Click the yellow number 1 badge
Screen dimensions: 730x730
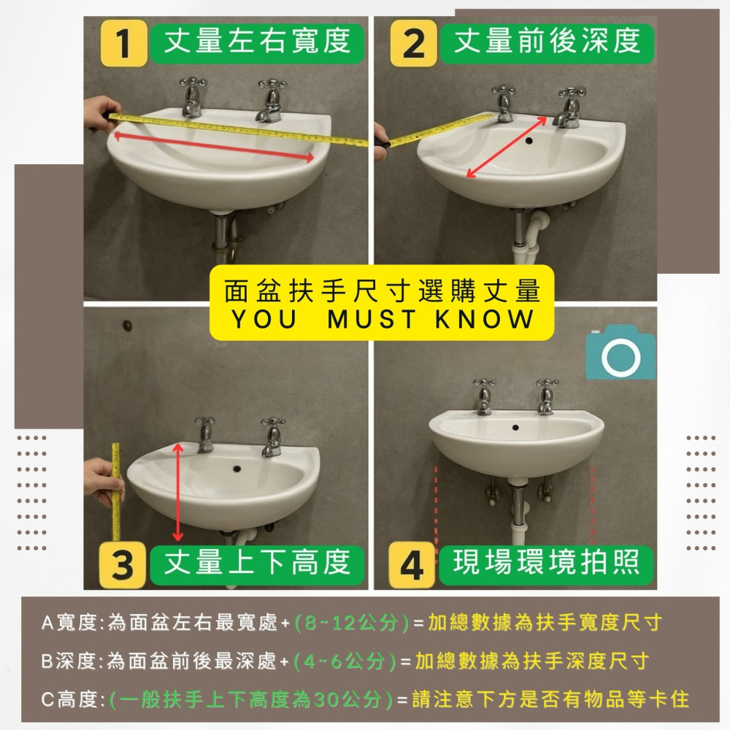click(x=124, y=44)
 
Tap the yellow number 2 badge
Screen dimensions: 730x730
click(x=413, y=44)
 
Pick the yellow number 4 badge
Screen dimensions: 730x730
click(x=412, y=565)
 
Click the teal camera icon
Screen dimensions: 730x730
click(x=620, y=353)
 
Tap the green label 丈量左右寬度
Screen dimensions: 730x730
click(x=255, y=42)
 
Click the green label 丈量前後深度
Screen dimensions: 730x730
click(x=547, y=42)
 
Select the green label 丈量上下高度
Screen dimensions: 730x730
click(x=255, y=563)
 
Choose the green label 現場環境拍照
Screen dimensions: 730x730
click(x=546, y=563)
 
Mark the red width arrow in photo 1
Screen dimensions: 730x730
click(x=213, y=145)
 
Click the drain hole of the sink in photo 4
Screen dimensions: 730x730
click(x=516, y=426)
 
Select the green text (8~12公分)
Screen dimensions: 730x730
click(x=351, y=623)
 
